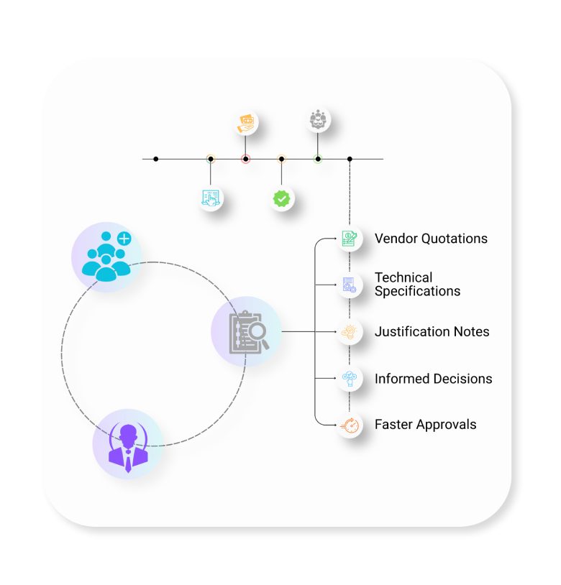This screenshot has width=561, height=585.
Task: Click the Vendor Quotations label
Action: coord(431,239)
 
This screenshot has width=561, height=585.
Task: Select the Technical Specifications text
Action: coord(417,285)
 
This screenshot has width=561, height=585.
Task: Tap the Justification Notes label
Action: coord(432,332)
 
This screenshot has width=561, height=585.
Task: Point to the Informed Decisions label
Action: coord(434,379)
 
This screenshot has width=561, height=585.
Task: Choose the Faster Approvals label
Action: coord(426,425)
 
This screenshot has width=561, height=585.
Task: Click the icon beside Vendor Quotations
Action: coord(350,239)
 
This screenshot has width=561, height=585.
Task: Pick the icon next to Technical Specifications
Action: coord(350,285)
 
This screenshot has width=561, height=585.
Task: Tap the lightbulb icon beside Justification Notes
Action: coord(350,332)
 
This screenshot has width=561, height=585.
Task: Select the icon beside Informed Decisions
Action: coord(350,379)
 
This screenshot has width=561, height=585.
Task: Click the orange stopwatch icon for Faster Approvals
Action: coord(350,425)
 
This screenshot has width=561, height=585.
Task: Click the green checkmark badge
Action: coord(281,198)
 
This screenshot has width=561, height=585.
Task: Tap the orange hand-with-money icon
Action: coord(245,124)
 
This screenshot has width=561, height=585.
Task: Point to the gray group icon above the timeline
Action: coord(318,120)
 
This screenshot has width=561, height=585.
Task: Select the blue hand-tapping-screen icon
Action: coord(211,198)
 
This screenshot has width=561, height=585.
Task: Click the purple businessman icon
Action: coord(128,448)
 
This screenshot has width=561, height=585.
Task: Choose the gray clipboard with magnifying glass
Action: coord(248,332)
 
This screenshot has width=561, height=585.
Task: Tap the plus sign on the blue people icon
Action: coord(124,239)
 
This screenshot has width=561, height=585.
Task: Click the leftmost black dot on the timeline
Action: coord(155,160)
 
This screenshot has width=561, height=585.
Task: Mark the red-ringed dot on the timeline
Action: coord(245,160)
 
